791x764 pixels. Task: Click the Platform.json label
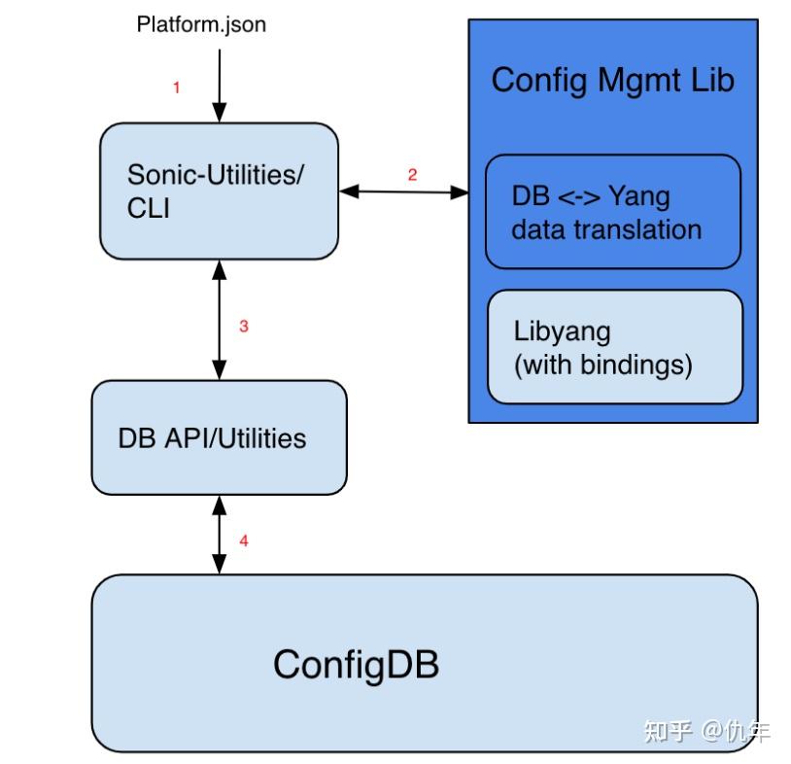click(x=201, y=24)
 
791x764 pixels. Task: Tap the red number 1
click(x=176, y=87)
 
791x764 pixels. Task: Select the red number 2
click(x=412, y=175)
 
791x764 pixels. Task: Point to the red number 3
click(x=244, y=327)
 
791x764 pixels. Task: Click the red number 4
click(x=244, y=540)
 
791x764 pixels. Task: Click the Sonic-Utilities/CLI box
click(x=220, y=191)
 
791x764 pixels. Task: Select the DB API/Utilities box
click(x=219, y=437)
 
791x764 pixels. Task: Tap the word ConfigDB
click(x=356, y=665)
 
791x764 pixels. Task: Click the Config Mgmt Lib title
click(x=612, y=80)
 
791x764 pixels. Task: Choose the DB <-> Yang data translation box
click(x=613, y=212)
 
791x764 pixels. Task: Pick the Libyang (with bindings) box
click(x=614, y=347)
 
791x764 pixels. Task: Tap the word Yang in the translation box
click(x=638, y=195)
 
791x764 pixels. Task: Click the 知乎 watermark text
click(x=667, y=730)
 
